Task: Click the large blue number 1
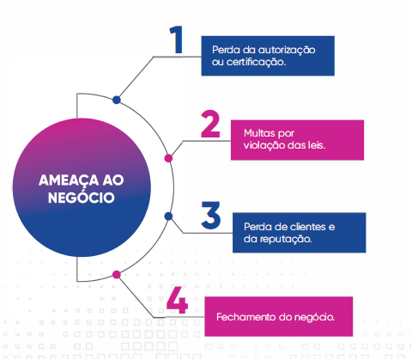point(177,40)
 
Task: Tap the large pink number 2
point(210,124)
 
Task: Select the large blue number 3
point(211,215)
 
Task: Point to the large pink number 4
point(177,299)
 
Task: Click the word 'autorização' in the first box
point(287,50)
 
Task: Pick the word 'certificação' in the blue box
point(257,62)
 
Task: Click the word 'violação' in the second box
point(264,145)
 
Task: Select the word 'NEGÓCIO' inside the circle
point(82,197)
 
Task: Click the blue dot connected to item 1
point(117,100)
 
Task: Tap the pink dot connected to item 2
point(168,158)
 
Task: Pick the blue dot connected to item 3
point(168,217)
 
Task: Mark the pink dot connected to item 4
point(117,275)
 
